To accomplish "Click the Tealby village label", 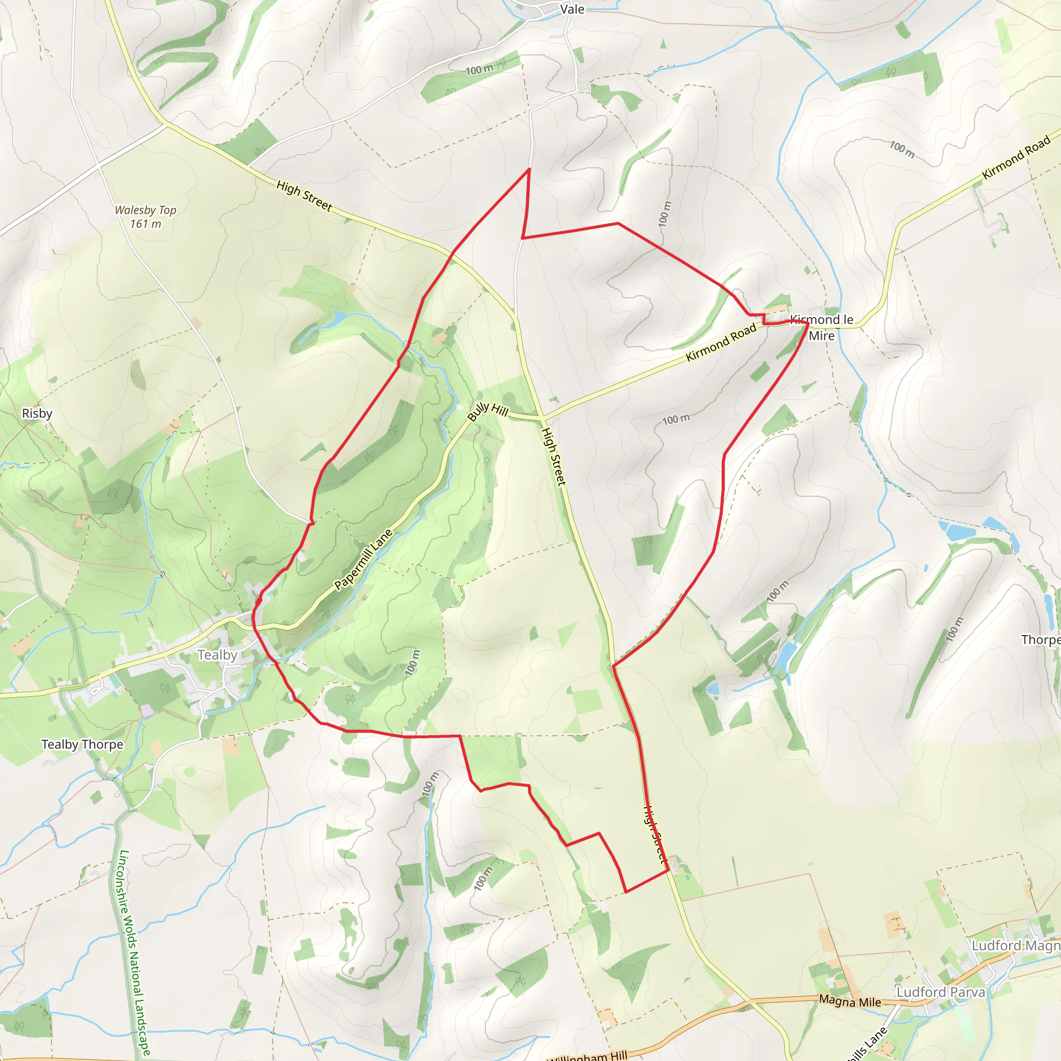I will point(218,655).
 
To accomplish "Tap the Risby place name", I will point(37,413).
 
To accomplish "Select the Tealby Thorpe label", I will point(82,744).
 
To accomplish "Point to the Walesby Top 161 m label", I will point(146,217).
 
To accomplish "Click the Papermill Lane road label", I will point(364,560).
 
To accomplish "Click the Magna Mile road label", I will point(850,1001).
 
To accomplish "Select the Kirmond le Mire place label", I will point(822,327).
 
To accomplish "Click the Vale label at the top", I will point(572,9).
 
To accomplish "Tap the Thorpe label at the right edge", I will point(1041,640).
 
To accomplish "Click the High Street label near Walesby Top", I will point(304,196).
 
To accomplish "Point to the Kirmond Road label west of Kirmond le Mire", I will point(721,342).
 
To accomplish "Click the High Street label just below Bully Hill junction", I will point(554,456).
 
